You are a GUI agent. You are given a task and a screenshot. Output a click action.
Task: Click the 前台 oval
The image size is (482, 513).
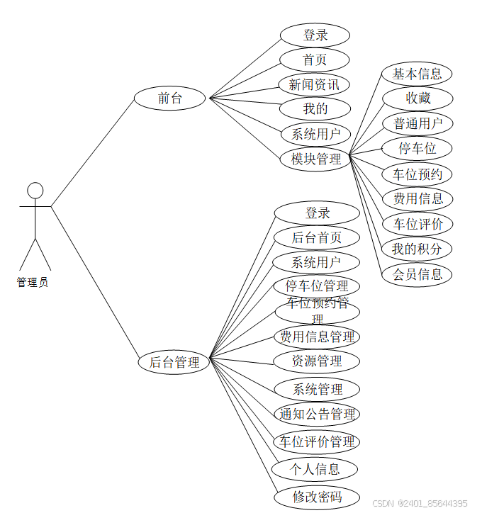tap(170, 98)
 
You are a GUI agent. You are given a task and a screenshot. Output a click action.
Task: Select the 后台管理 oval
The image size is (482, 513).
tap(174, 362)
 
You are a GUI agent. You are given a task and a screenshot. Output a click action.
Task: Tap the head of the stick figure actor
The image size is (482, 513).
tap(35, 191)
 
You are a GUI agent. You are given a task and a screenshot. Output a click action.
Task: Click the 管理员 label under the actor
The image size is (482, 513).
tap(33, 282)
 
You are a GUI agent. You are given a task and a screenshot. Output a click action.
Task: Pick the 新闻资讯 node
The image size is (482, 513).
tap(314, 84)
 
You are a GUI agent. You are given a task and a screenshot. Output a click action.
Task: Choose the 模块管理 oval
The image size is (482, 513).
tap(316, 159)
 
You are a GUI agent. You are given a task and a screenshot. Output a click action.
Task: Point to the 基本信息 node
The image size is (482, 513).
tap(417, 73)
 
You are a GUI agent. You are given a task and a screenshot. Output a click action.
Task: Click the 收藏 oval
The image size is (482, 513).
tap(417, 98)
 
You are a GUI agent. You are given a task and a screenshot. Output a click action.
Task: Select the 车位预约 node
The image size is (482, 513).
tap(417, 174)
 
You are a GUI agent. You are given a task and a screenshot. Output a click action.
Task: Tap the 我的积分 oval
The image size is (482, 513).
tap(417, 249)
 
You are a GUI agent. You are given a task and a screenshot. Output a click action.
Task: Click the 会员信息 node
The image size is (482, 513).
tap(417, 274)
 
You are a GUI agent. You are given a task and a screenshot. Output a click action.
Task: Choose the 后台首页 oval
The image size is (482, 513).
tap(317, 237)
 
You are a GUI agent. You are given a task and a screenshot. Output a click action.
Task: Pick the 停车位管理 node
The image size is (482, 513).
tap(317, 286)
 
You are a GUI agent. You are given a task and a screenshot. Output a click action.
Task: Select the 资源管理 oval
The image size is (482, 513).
tap(317, 361)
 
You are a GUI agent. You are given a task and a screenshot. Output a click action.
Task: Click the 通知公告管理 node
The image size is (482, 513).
tap(317, 414)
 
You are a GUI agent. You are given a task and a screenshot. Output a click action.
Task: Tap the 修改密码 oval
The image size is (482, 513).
tap(317, 496)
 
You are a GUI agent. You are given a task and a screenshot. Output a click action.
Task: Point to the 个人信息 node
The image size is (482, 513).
tap(315, 469)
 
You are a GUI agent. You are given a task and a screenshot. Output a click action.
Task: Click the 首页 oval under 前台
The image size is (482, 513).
tap(315, 60)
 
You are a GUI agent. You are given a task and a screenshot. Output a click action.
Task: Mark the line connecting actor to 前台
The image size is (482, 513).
tap(92, 153)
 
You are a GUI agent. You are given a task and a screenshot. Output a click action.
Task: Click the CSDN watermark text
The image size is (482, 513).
tap(420, 503)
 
